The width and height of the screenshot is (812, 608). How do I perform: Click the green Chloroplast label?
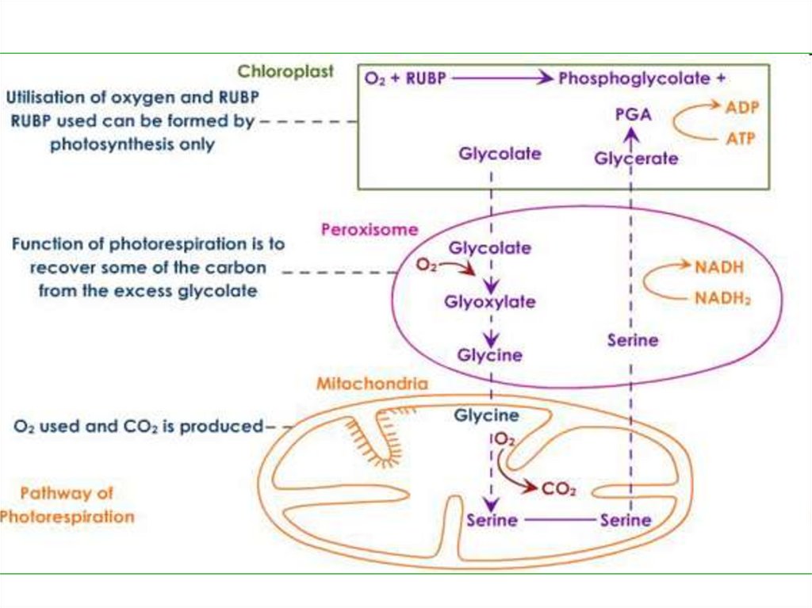[x=286, y=72]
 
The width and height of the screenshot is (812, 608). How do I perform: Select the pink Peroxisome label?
[x=369, y=230]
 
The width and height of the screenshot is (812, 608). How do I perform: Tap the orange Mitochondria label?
[x=372, y=384]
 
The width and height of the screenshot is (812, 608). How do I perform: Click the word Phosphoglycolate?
[x=634, y=78]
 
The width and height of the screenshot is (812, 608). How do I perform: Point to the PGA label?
[x=633, y=115]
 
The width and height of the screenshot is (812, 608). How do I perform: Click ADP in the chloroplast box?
[x=742, y=107]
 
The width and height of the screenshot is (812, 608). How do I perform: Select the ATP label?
[x=741, y=139]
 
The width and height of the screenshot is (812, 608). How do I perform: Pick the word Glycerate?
[x=637, y=159]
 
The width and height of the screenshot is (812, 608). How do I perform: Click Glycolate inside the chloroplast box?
[x=500, y=154]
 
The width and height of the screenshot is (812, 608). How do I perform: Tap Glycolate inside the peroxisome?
[x=490, y=248]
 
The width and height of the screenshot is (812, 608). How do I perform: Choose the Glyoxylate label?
[x=489, y=302]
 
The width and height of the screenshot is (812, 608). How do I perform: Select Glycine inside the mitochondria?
[x=486, y=415]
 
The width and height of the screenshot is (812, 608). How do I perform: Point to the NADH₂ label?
[x=722, y=299]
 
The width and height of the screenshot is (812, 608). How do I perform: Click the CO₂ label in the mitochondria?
[x=558, y=489]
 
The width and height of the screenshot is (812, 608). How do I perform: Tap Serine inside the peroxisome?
[x=633, y=340]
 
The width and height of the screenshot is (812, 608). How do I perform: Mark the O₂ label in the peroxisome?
[x=427, y=266]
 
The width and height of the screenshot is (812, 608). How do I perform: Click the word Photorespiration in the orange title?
[x=67, y=517]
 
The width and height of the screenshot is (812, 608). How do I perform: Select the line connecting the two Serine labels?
[x=561, y=521]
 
